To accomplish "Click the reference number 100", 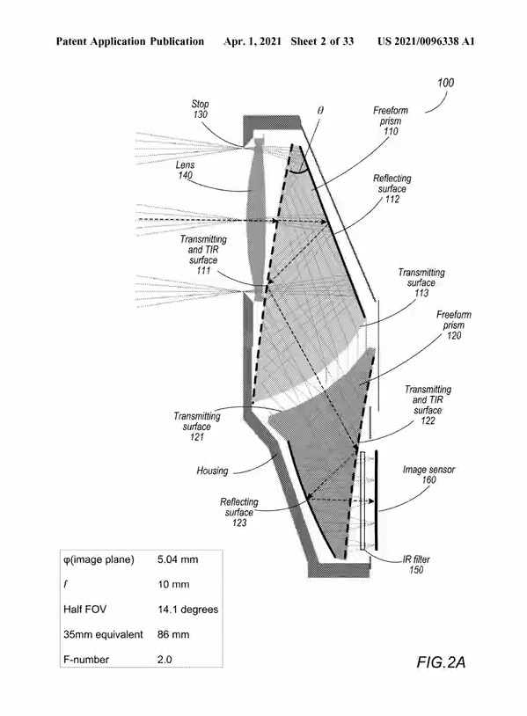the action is tap(446, 83).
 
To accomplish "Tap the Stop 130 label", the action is tap(200, 109).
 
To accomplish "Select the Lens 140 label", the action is tap(185, 170).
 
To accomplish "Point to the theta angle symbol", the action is tap(320, 111).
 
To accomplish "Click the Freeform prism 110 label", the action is tap(391, 121).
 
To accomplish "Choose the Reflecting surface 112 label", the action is tap(392, 188).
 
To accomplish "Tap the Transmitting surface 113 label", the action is tap(421, 282).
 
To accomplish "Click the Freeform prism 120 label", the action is tap(453, 325).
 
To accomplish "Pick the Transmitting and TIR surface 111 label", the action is tap(203, 255).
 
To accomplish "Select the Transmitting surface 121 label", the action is tap(197, 427).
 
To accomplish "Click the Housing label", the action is tap(212, 471).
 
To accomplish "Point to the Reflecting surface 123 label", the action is tap(239, 512).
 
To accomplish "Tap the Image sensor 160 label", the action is tap(428, 474).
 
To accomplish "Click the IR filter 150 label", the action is tap(416, 565).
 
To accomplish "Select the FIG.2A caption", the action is tap(441, 662).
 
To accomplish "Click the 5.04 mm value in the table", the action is tap(178, 559).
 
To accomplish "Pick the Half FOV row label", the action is tap(85, 610).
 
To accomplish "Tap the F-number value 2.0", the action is tap(165, 660).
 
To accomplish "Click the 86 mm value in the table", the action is tap(173, 634).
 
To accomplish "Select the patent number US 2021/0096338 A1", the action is tap(426, 41).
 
